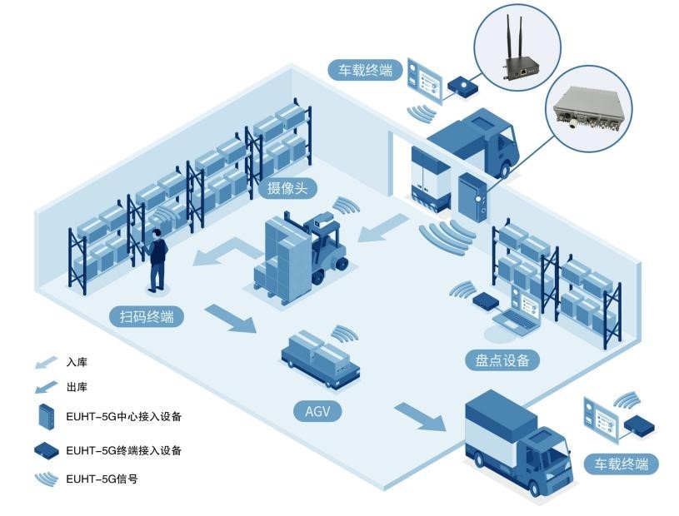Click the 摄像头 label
coord(287,189)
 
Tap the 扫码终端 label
coord(147,316)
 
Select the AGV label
coord(318,411)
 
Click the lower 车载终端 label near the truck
coord(622,464)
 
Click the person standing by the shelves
coord(156,260)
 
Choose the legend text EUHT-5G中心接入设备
coord(123,416)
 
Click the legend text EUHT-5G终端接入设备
coord(123,450)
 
